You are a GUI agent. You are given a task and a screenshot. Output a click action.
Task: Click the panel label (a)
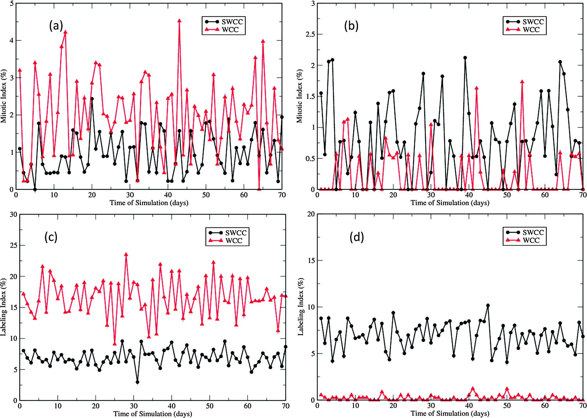pyautogui.click(x=56, y=26)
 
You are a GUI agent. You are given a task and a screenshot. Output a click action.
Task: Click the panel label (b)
pyautogui.click(x=351, y=26)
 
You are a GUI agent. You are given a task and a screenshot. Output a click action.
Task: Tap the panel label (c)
pyautogui.click(x=51, y=237)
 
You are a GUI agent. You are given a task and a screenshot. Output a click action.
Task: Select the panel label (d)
pyautogui.click(x=357, y=237)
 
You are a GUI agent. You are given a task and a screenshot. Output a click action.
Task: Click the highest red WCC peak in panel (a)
pyautogui.click(x=179, y=21)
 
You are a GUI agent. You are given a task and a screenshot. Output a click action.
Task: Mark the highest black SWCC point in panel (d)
pyautogui.click(x=488, y=306)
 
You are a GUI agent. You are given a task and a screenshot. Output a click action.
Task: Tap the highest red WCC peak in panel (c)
pyautogui.click(x=126, y=254)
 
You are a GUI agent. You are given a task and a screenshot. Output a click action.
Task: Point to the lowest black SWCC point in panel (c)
pyautogui.click(x=137, y=382)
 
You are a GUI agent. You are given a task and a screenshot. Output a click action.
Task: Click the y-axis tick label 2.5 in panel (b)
pyautogui.click(x=310, y=34)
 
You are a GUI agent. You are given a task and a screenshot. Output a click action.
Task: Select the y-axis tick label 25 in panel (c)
pyautogui.click(x=13, y=246)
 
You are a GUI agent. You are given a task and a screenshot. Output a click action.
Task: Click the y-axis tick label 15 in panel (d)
pyautogui.click(x=311, y=261)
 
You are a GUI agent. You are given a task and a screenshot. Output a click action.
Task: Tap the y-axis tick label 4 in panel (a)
pyautogui.click(x=12, y=41)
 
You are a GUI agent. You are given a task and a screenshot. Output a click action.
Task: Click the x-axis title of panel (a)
pyautogui.click(x=149, y=203)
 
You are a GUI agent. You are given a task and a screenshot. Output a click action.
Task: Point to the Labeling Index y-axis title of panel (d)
pyautogui.click(x=301, y=306)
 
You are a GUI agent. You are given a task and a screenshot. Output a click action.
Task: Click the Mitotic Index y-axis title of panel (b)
pyautogui.click(x=299, y=96)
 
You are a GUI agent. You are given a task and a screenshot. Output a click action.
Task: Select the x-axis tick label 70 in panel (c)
pyautogui.click(x=286, y=406)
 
